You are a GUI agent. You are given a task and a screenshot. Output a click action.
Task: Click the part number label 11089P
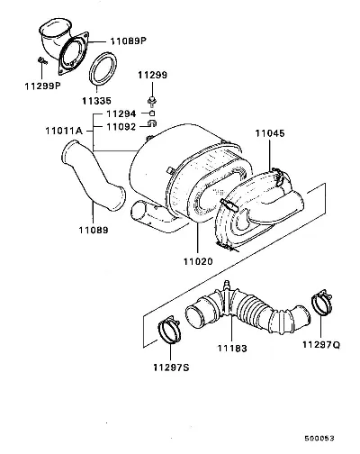[129, 41]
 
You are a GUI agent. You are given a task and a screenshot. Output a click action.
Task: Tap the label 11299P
[42, 86]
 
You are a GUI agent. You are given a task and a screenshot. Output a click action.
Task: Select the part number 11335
[96, 101]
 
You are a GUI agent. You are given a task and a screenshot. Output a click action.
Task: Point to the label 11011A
[64, 131]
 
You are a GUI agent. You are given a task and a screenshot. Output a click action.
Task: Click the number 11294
[121, 113]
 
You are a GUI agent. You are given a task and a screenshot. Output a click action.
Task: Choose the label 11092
[121, 127]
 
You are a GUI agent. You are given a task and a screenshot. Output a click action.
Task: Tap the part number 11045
[270, 133]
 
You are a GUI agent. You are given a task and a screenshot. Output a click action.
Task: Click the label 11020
[198, 261]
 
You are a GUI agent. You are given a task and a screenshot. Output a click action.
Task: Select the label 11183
[232, 349]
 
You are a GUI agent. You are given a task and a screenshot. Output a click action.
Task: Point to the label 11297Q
[321, 345]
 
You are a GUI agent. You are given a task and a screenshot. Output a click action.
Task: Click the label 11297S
[171, 368]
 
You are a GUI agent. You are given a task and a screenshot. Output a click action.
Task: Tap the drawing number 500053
[319, 439]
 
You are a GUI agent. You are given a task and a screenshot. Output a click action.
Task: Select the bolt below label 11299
[152, 101]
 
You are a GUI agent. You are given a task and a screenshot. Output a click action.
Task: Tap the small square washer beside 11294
[152, 113]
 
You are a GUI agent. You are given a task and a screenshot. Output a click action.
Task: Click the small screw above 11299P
[42, 61]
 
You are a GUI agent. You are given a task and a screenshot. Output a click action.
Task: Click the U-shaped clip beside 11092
[152, 123]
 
